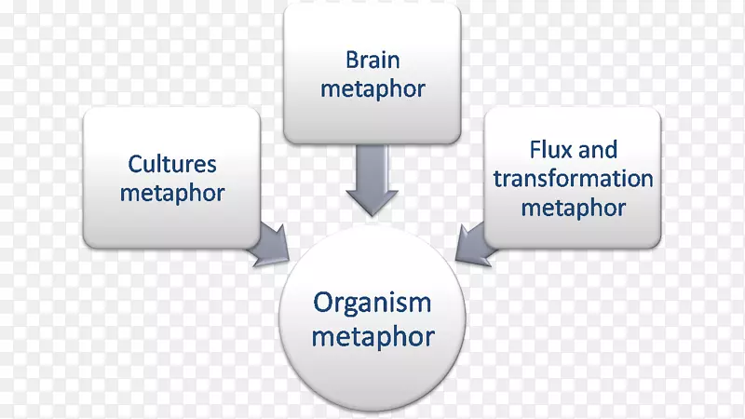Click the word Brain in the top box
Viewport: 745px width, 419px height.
pos(372,60)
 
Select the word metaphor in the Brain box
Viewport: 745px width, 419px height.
pos(372,89)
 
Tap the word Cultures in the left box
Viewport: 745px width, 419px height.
pos(173,164)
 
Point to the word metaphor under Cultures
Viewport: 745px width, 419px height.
pos(173,194)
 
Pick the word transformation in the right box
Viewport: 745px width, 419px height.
pos(573,178)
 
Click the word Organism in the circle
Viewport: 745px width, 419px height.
pos(372,303)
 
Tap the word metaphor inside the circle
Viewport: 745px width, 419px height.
pos(372,335)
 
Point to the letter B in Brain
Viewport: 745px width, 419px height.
pos(351,60)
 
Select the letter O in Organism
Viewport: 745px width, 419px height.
pos(322,303)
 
